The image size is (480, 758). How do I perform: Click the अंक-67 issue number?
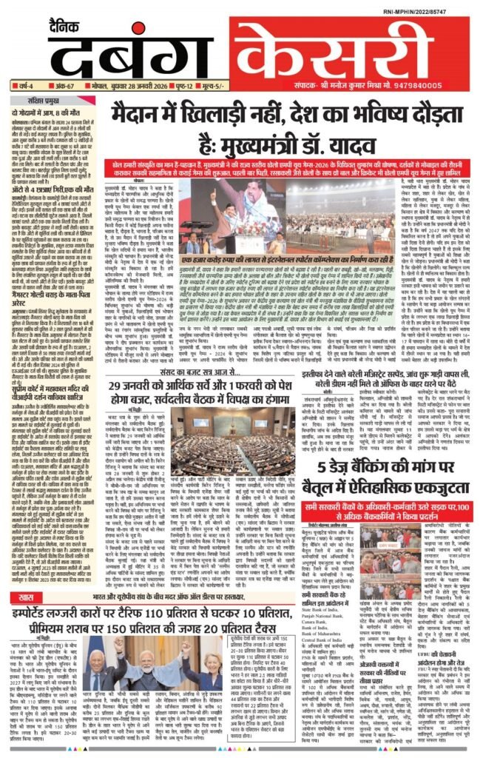point(55,85)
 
